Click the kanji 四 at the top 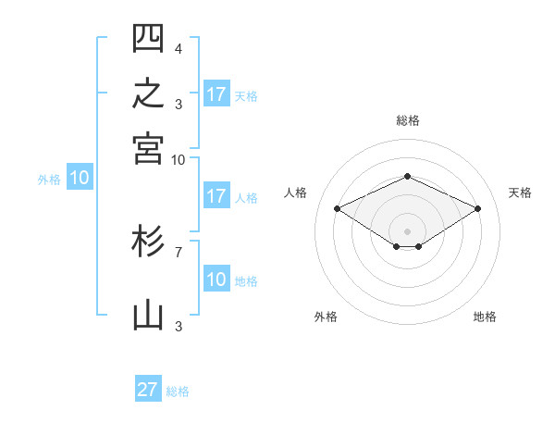point(148,38)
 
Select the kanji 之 point(148,93)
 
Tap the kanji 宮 point(148,149)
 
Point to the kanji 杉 point(148,241)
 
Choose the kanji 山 point(148,316)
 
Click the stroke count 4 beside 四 point(179,48)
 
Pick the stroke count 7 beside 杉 point(179,253)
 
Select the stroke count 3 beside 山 point(179,326)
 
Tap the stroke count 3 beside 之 point(179,105)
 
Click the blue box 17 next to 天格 point(216,93)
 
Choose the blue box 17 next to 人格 point(216,195)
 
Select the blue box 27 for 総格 point(148,388)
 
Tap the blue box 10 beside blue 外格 point(80,177)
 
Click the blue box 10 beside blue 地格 point(216,278)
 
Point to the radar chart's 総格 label point(408,120)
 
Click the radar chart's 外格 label point(326,317)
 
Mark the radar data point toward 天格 point(477,208)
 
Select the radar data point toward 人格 point(338,208)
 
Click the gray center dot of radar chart point(407,231)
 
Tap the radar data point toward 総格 point(407,176)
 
